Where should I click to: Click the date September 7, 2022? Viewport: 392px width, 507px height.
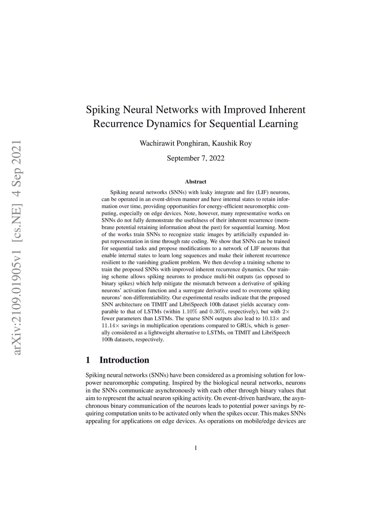point(196,158)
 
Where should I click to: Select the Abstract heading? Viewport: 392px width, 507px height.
point(196,182)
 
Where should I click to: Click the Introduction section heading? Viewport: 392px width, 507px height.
point(124,360)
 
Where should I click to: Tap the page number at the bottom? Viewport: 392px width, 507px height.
point(196,448)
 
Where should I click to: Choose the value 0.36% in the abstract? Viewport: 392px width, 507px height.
point(217,311)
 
